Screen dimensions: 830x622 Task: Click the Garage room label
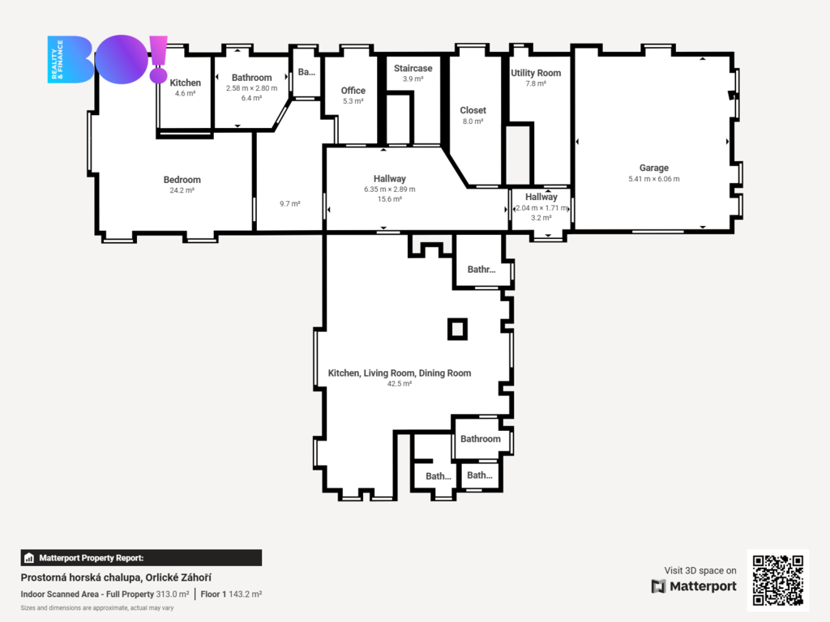[654, 168]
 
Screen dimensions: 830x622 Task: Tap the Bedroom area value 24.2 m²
[182, 190]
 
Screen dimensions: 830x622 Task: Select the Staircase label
[413, 68]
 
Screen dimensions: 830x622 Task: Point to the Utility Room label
[536, 73]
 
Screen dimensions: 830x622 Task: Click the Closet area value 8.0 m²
[473, 121]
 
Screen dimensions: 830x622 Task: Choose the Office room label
[353, 91]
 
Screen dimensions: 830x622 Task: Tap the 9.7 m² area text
[290, 203]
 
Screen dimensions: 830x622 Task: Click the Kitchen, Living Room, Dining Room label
[400, 373]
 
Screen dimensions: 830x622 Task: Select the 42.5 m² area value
[399, 384]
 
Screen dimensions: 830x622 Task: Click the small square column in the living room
[457, 329]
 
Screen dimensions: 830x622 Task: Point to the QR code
[778, 580]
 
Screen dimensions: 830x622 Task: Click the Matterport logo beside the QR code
[694, 586]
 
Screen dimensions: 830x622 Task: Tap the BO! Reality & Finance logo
[108, 59]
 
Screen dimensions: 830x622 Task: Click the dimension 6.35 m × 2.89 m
[390, 190]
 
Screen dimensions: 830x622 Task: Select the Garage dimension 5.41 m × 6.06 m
[654, 179]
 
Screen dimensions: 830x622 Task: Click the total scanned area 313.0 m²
[173, 594]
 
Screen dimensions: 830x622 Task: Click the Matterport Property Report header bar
[141, 558]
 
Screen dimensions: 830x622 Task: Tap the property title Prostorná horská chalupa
[81, 577]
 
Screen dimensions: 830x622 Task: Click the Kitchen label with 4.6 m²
[186, 83]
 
